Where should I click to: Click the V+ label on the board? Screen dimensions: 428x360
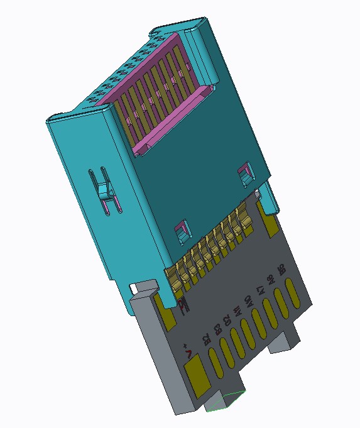[187, 350]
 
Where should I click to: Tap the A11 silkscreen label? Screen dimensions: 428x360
[235, 310]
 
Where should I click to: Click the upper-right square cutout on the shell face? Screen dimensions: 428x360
[245, 173]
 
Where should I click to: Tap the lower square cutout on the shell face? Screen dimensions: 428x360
[182, 231]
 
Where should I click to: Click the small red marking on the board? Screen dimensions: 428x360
[183, 306]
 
